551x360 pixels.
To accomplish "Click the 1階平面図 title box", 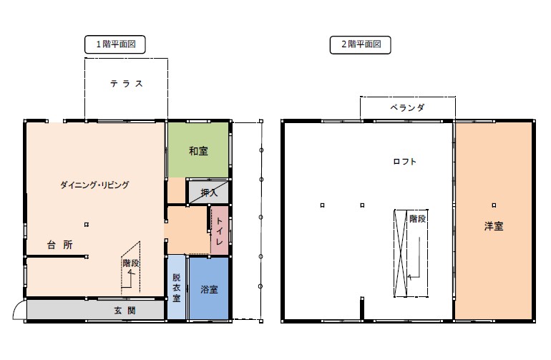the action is point(115,44).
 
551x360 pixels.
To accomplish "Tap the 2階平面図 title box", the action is point(360,44).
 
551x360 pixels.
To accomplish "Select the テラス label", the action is point(127,84).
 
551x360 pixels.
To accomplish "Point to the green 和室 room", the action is point(198,150).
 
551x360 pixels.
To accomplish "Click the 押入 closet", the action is point(209,192).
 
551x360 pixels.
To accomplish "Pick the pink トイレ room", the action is point(220,230).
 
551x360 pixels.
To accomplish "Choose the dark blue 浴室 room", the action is point(209,288).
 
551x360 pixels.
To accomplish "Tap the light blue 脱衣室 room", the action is point(176,287).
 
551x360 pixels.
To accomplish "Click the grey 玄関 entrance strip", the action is point(96,310).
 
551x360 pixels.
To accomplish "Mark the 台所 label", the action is point(60,245).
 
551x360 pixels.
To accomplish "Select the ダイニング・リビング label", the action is point(94,185).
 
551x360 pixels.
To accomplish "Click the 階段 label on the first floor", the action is point(131,263).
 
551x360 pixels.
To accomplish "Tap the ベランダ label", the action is point(407,107).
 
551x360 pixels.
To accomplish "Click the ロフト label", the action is point(404,161).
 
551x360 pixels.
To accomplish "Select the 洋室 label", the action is point(494,226).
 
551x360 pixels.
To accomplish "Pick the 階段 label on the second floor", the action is point(418,219).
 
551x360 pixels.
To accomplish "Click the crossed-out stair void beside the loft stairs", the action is point(401,253).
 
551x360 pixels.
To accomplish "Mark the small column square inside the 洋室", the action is point(494,205).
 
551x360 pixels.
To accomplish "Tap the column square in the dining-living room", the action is point(87,225).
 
